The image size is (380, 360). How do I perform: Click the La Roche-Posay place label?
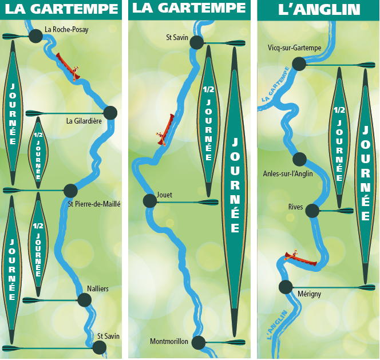[x=66, y=30]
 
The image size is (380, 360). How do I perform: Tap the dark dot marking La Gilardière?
[x=110, y=113]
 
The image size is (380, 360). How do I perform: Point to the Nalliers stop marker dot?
[x=84, y=300]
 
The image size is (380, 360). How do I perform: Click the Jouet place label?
[x=164, y=195]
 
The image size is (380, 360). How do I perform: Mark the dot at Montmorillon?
[x=198, y=342]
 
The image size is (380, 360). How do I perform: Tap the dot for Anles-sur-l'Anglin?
[x=299, y=159]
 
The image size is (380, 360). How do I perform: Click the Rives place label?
[x=296, y=207]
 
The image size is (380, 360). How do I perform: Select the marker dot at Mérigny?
[x=286, y=287]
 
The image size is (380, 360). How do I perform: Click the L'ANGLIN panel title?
[x=319, y=10]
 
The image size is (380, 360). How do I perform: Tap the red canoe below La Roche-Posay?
[x=68, y=66]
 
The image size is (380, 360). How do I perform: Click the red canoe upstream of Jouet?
[x=165, y=130]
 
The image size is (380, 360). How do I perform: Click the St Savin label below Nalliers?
[x=108, y=336]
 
